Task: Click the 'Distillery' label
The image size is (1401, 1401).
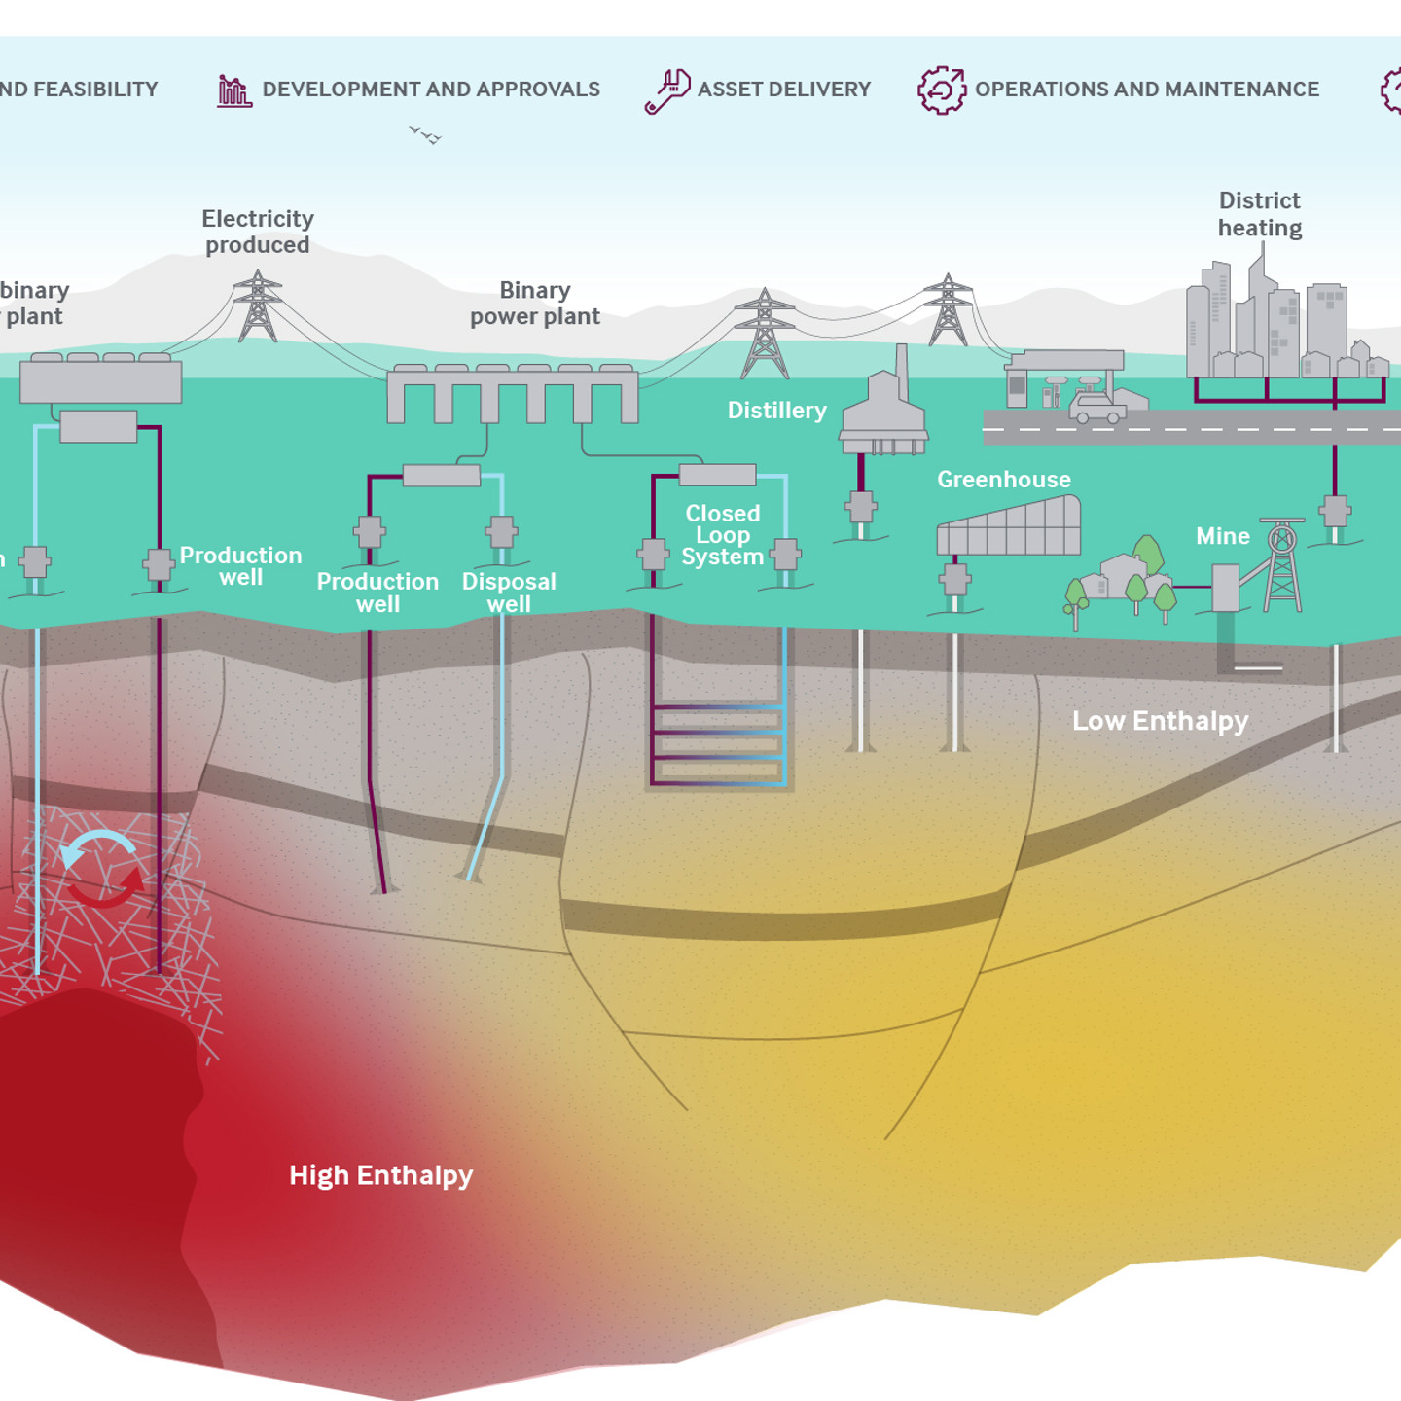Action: (x=776, y=411)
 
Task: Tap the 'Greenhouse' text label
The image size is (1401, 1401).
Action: (x=1003, y=480)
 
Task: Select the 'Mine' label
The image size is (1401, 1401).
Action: (x=1222, y=536)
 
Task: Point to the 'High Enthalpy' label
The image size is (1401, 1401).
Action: (x=380, y=1175)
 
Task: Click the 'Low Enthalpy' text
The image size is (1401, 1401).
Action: (x=1160, y=721)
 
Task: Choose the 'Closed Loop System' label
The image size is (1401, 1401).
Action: (x=722, y=535)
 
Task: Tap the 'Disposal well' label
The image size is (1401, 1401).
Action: (x=509, y=593)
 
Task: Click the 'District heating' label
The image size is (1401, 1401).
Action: (x=1259, y=214)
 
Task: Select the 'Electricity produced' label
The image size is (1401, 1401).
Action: (x=257, y=232)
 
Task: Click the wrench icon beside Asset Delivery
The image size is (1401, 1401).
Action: (x=667, y=90)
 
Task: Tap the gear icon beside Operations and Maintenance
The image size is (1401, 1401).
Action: (x=942, y=90)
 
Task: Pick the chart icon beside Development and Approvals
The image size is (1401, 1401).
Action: (x=233, y=90)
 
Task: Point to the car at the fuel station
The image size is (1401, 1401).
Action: (x=1097, y=409)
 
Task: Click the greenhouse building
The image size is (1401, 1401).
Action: (x=1009, y=526)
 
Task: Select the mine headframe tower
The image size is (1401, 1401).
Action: (x=1282, y=566)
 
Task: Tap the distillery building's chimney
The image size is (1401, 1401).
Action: (x=902, y=369)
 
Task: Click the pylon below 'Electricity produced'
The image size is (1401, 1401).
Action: (x=257, y=306)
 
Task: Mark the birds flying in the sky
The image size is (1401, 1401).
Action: (x=425, y=135)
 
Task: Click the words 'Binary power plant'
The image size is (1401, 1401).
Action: (x=534, y=304)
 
